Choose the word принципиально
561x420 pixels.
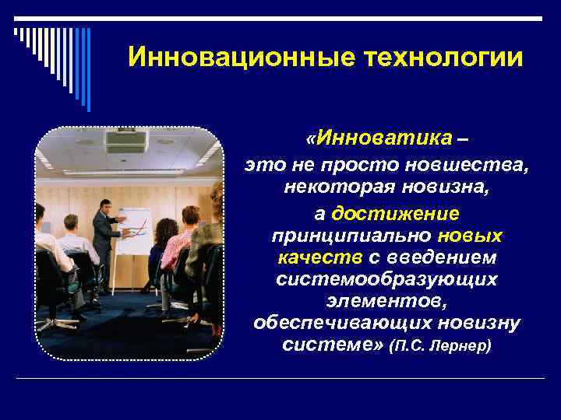(352, 235)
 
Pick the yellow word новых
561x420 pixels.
(470, 235)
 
